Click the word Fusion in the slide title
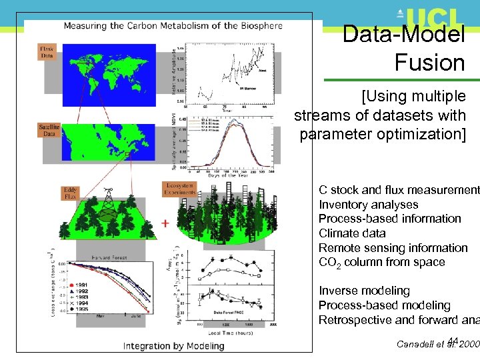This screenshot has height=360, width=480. pyautogui.click(x=429, y=63)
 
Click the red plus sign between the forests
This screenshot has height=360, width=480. pyautogui.click(x=164, y=223)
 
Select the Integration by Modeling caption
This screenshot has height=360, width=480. pyautogui.click(x=173, y=346)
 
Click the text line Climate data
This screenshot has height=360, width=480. pyautogui.click(x=352, y=233)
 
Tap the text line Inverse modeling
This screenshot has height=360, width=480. pyautogui.click(x=364, y=291)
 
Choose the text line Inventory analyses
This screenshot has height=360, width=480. pyautogui.click(x=368, y=205)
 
